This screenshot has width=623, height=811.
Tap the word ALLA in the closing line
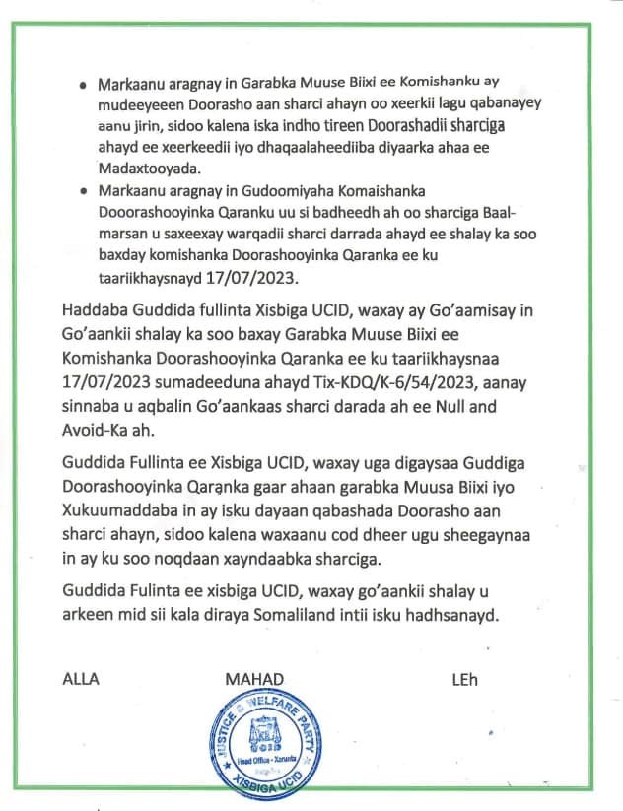pos(82,679)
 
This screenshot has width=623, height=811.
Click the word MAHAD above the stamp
pos(254,679)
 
